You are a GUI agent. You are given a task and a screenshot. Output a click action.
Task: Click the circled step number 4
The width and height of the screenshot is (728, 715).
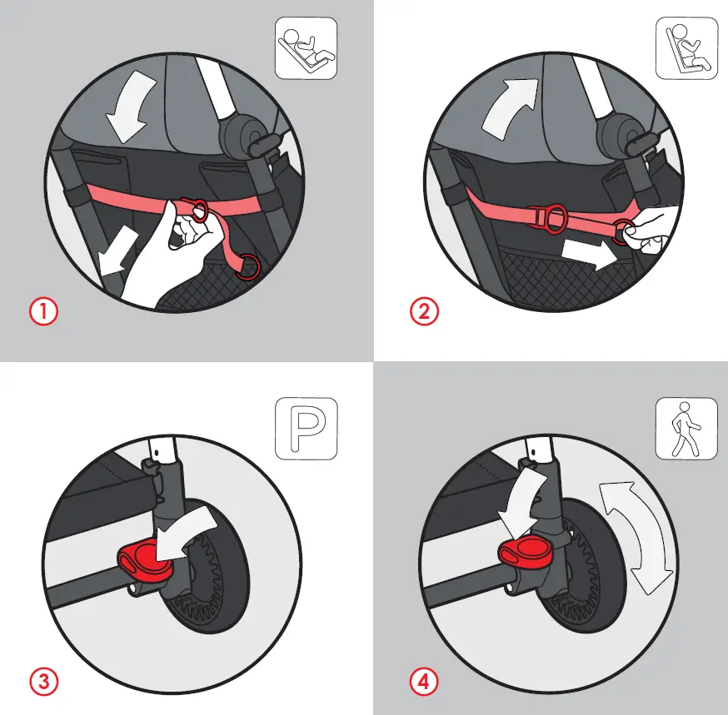tap(423, 682)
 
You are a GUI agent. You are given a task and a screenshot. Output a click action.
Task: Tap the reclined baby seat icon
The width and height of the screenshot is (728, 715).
tap(306, 48)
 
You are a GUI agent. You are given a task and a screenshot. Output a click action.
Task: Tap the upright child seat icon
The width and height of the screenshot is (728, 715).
tap(687, 48)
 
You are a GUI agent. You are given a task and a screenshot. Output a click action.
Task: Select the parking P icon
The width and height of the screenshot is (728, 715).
tap(306, 429)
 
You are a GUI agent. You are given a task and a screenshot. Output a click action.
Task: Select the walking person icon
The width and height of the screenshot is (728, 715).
tap(687, 428)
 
